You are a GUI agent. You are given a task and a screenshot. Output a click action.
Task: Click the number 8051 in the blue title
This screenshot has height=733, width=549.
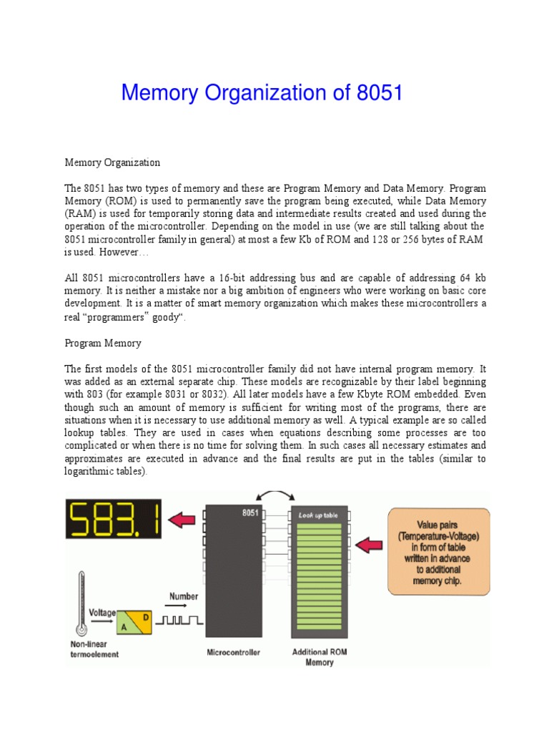pos(375,93)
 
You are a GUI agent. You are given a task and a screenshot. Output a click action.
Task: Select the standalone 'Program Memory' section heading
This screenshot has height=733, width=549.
pos(103,344)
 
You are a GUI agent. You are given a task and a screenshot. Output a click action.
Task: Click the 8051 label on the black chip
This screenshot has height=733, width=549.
pos(249,513)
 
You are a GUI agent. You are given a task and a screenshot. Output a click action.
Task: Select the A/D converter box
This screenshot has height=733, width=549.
pos(134,622)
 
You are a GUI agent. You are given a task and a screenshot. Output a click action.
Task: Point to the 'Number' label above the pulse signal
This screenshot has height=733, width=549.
pos(183,597)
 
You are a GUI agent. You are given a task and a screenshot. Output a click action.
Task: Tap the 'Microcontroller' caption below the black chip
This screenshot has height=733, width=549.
pos(234,653)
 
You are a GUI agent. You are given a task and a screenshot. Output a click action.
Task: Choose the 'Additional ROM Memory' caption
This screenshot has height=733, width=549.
pos(319,657)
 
